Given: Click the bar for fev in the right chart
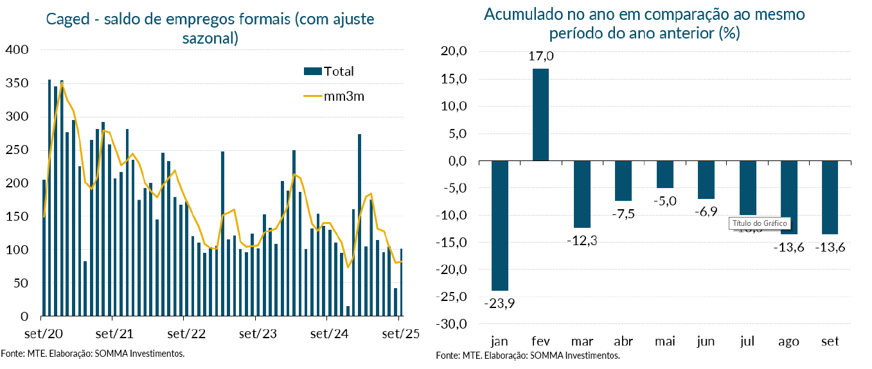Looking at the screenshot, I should [541, 114].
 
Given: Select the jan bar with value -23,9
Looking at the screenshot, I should [500, 225].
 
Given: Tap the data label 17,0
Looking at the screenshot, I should [541, 56].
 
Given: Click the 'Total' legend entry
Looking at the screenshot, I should [338, 71].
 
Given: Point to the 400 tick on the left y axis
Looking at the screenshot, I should [16, 50].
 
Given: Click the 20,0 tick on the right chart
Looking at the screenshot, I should [454, 51].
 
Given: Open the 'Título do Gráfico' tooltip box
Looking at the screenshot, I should [759, 223].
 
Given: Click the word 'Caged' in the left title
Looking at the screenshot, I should [67, 19].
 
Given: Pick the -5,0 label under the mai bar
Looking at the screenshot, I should [664, 202].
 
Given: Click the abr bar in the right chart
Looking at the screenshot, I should [623, 181].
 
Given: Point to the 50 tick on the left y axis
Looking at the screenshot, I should [21, 283].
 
